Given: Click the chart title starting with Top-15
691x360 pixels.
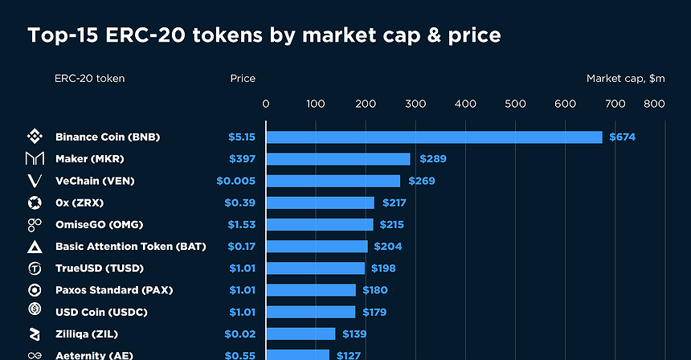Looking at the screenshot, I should click(264, 35).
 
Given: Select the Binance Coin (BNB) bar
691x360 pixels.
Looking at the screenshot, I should click(434, 137).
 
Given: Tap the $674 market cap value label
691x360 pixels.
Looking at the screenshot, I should click(622, 137).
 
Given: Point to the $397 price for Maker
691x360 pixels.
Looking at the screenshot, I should click(242, 159).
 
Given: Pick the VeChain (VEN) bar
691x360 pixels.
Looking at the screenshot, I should click(333, 181).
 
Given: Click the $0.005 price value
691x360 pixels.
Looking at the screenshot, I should click(236, 181).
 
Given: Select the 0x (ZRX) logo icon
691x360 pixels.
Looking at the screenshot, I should click(35, 202).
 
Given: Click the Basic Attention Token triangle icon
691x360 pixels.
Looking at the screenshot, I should click(35, 247).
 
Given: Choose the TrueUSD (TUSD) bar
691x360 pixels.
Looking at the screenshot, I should click(315, 268).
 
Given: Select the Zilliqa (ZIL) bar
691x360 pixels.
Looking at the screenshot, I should click(301, 333).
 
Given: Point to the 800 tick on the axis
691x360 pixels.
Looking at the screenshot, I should click(654, 104).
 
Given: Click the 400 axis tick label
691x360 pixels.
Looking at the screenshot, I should click(465, 104).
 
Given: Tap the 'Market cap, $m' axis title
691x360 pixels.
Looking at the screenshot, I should click(625, 79).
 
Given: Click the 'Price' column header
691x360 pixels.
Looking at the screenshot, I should click(243, 79).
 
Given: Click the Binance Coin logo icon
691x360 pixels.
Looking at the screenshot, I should click(35, 137).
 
